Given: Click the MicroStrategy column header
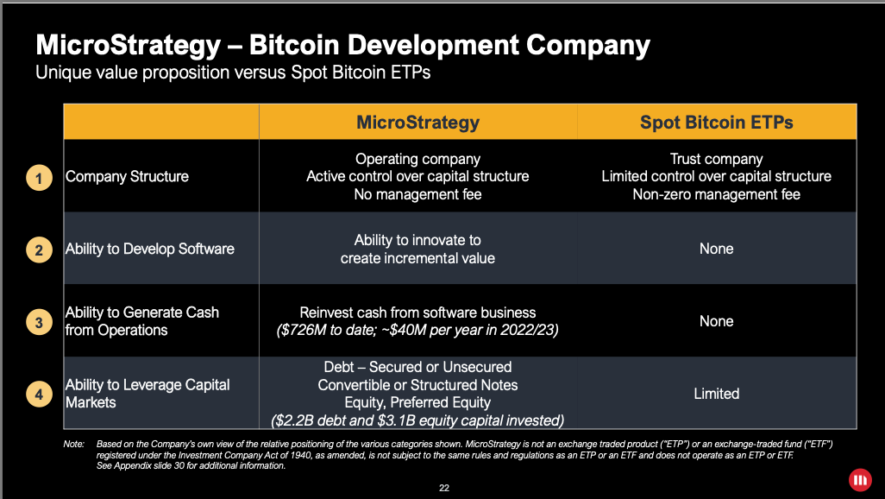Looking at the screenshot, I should tap(417, 123).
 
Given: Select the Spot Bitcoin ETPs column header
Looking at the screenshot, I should tap(716, 123).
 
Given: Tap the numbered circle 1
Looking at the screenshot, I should tap(38, 178).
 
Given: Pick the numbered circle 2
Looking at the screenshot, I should tap(38, 250).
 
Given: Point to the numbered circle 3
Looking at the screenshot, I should tap(38, 323).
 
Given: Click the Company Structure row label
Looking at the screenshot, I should tap(127, 177).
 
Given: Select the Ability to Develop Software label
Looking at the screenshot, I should tap(149, 249).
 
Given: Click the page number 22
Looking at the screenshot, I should tap(444, 488).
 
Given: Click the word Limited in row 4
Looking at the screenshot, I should tap(716, 394).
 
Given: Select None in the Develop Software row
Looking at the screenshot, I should tap(716, 249).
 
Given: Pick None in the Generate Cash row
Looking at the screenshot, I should tap(716, 321).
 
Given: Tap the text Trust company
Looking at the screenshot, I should tap(716, 159).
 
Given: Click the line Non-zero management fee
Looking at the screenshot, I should tap(716, 195).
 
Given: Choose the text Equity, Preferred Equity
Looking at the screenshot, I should tap(417, 403).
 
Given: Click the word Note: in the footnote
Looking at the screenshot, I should tap(73, 444).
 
